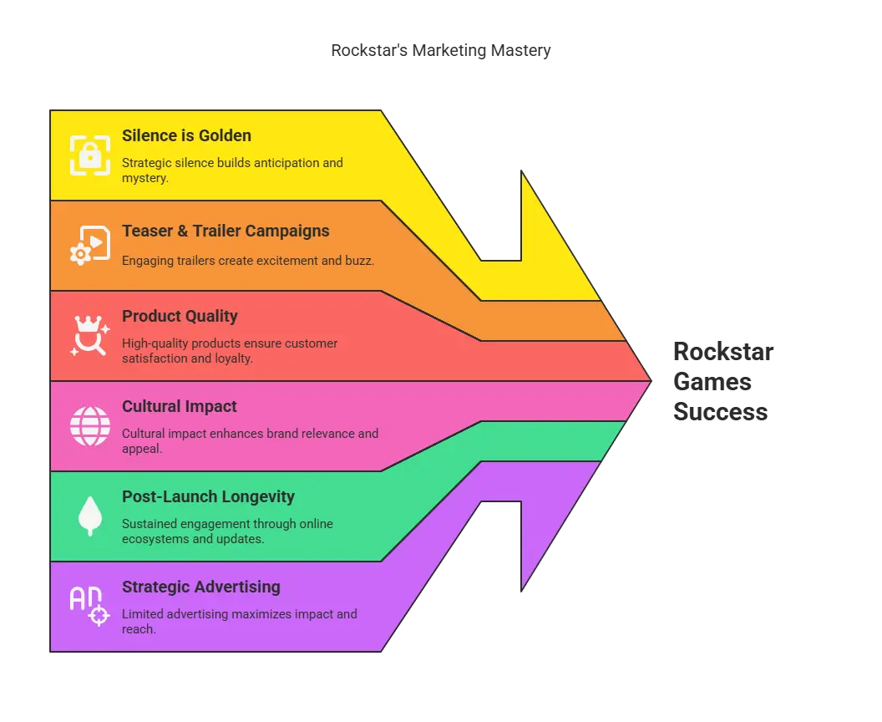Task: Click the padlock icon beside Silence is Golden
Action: pos(89,155)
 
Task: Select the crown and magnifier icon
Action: pos(89,335)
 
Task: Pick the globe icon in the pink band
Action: pos(89,425)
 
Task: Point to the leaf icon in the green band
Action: pos(89,516)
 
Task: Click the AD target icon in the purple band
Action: pos(89,606)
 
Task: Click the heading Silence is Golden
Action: pos(186,135)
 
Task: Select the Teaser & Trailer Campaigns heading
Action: pos(226,231)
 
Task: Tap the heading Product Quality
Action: pos(180,316)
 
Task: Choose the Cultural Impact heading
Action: pos(180,406)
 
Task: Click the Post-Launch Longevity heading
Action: pos(208,496)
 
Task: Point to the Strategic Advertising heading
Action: pos(200,587)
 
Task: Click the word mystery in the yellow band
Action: pos(144,178)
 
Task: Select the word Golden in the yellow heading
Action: pos(223,135)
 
